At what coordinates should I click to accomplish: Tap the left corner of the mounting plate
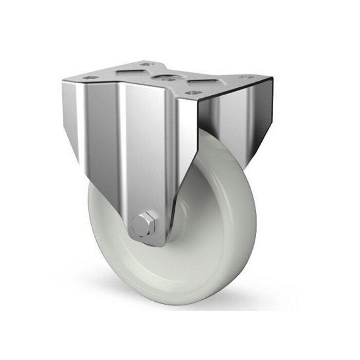[x=63, y=79]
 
